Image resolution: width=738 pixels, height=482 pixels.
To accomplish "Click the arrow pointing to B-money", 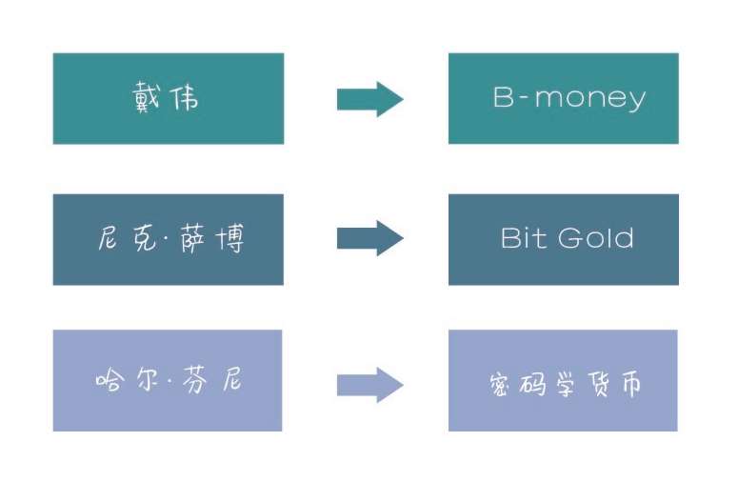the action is pyautogui.click(x=369, y=99).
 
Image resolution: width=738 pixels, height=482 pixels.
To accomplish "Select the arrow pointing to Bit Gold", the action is pyautogui.click(x=369, y=238).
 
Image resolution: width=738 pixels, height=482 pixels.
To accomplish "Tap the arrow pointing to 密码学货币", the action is pyautogui.click(x=369, y=385).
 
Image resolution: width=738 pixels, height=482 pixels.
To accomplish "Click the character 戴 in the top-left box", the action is pyautogui.click(x=147, y=97).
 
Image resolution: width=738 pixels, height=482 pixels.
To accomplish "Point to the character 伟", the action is pyautogui.click(x=185, y=97).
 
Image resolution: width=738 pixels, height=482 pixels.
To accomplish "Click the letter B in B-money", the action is pyautogui.click(x=503, y=97).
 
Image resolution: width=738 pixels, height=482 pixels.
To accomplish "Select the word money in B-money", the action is pyautogui.click(x=590, y=99).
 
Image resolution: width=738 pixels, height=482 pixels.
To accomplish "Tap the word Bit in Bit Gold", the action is pyautogui.click(x=525, y=238).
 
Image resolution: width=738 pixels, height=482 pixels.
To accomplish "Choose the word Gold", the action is pyautogui.click(x=595, y=238).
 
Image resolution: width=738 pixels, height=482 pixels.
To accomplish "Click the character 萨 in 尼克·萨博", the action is pyautogui.click(x=193, y=239).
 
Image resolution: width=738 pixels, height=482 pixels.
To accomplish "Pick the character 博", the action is pyautogui.click(x=230, y=239).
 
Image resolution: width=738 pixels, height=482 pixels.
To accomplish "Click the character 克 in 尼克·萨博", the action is pyautogui.click(x=145, y=238).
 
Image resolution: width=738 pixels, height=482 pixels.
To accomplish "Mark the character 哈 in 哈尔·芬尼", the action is pyautogui.click(x=110, y=379).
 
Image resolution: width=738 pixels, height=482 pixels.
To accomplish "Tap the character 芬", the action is pyautogui.click(x=194, y=380).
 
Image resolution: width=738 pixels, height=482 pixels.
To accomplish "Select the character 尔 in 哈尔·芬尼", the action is pyautogui.click(x=149, y=379).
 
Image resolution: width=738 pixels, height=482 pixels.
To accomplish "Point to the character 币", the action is pyautogui.click(x=631, y=384).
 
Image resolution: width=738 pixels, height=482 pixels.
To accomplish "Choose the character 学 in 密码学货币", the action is pyautogui.click(x=566, y=384).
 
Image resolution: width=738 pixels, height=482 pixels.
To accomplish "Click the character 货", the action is pyautogui.click(x=599, y=384).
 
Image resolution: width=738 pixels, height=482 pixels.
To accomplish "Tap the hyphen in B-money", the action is pyautogui.click(x=524, y=99).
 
